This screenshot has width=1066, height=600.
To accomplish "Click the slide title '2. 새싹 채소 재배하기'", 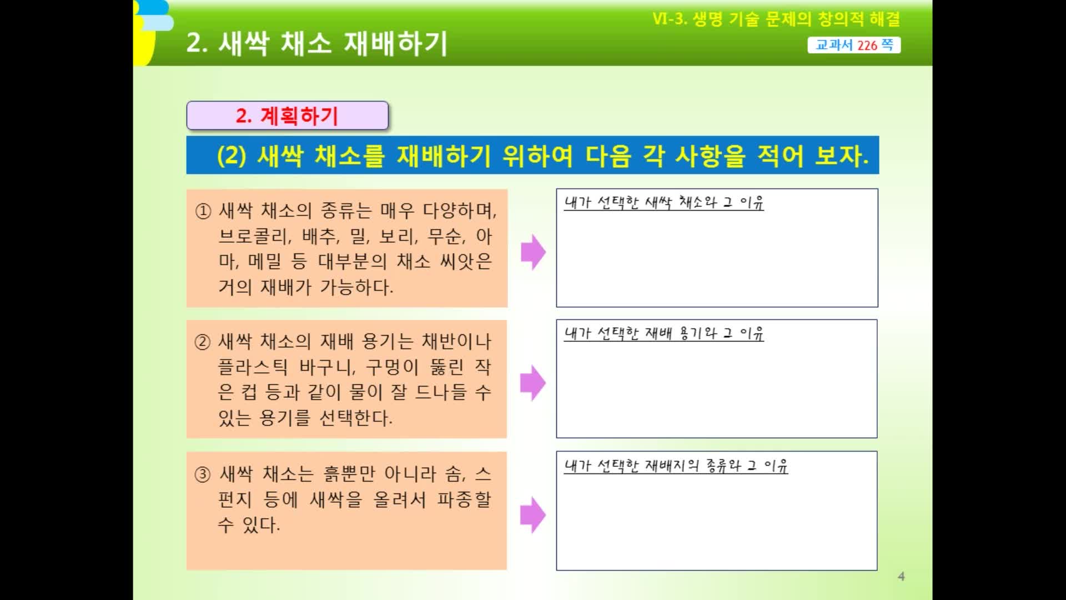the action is tap(316, 43).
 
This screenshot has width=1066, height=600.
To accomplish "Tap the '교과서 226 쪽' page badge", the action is tap(854, 45).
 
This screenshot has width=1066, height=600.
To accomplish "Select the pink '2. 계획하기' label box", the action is tap(287, 116).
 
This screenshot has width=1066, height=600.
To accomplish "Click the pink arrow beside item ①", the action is tap(533, 252).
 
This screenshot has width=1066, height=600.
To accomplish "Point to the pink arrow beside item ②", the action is tap(533, 383).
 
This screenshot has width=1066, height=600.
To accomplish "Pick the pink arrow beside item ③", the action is tap(533, 514).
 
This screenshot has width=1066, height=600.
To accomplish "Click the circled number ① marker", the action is tap(203, 211).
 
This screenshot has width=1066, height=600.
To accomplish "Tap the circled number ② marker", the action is tap(203, 342).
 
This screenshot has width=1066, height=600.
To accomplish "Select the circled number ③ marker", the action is tap(203, 474).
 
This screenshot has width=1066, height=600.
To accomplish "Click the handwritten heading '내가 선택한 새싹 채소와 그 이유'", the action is tap(664, 202).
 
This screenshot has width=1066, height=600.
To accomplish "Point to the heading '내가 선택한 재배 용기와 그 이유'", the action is tap(664, 333).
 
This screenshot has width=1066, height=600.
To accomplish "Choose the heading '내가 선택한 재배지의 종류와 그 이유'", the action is tap(676, 466).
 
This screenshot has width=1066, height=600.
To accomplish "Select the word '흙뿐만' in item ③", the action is tap(349, 474).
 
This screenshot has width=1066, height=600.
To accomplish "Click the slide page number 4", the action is tap(901, 577).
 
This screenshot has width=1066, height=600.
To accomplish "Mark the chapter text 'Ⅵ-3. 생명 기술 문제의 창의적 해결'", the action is tap(776, 19).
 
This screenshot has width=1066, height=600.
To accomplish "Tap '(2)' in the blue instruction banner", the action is tap(232, 156).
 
